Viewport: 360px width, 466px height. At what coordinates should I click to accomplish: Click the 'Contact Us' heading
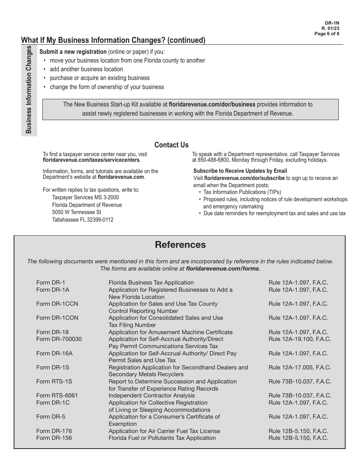[171, 145]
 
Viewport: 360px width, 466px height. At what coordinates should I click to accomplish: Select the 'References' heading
[180, 245]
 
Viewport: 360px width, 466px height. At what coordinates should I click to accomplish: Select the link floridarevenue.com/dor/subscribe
[244, 178]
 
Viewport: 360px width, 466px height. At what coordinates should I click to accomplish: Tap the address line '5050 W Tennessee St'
[77, 212]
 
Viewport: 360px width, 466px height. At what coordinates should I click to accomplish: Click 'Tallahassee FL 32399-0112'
[83, 220]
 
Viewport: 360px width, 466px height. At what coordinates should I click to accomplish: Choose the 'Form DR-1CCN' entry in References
[57, 304]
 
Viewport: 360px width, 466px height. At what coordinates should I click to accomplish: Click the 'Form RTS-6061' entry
[57, 396]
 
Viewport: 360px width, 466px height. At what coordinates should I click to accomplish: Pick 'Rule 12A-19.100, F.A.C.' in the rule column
[300, 339]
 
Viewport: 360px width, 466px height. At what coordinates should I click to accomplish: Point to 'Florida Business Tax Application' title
[151, 283]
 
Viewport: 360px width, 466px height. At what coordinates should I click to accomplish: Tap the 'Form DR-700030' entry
[59, 339]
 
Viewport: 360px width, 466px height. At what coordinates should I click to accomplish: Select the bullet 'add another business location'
[86, 69]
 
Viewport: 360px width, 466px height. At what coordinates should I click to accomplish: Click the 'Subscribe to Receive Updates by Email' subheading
[240, 171]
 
